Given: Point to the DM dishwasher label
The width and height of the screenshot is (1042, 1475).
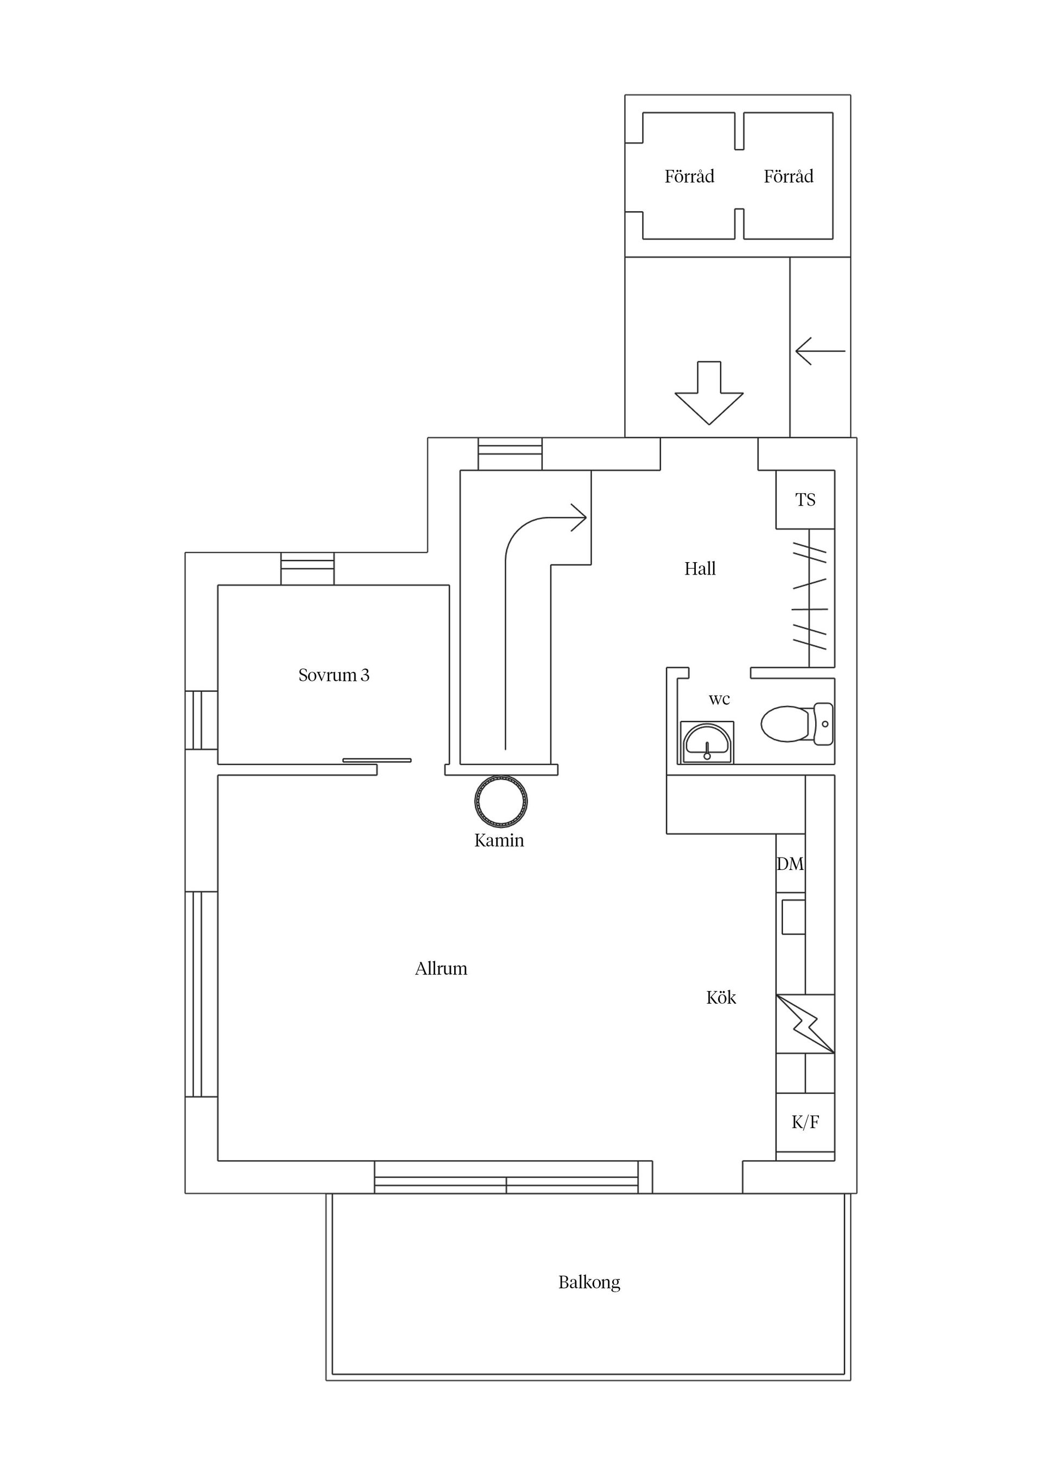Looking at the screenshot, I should coord(790,864).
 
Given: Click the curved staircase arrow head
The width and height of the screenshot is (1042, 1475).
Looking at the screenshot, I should coord(579,518).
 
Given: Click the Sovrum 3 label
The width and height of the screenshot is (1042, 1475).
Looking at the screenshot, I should coord(334,675).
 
